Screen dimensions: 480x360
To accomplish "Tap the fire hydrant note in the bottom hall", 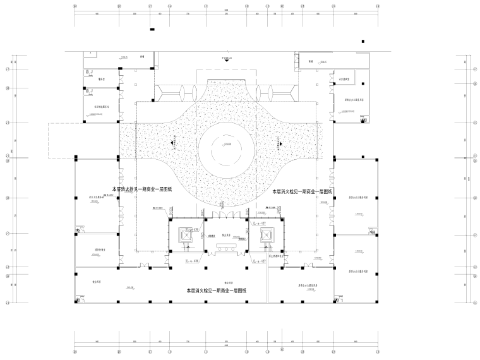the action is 217,291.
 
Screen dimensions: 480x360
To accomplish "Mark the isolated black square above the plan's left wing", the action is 151,30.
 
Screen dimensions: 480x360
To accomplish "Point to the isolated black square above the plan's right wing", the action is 363,42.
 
